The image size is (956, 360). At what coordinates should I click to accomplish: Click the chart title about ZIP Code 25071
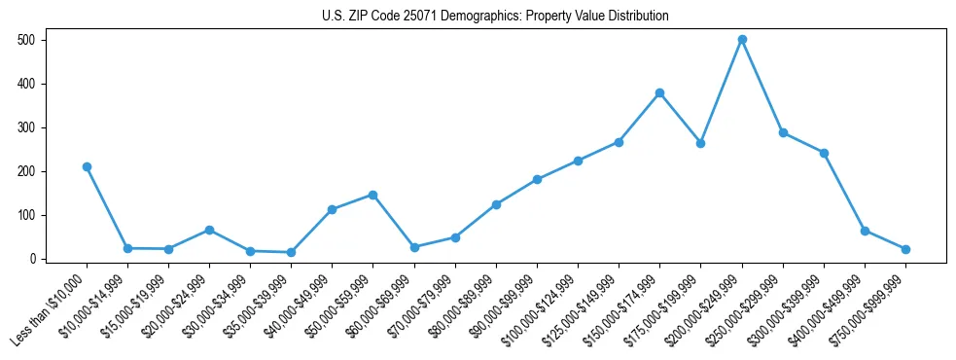pos(495,16)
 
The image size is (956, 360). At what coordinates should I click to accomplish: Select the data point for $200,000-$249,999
pos(742,40)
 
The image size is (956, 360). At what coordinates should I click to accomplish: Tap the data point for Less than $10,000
pos(87,166)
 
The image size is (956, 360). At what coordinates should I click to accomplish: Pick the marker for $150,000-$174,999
pos(659,92)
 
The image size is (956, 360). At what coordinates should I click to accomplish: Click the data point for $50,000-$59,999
pos(372,195)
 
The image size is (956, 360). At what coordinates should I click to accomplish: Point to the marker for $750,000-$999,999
pos(905,249)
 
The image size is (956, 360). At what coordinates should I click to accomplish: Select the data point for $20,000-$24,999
pos(209,230)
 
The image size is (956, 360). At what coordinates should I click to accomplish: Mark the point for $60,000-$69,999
pos(414,247)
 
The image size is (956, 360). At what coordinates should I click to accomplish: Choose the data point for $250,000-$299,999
pos(783,132)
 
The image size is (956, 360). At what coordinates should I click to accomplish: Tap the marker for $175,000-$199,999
pos(700,143)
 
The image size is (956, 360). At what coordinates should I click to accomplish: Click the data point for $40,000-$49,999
pos(332,209)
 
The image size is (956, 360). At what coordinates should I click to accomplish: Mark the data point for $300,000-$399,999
pos(824,153)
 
